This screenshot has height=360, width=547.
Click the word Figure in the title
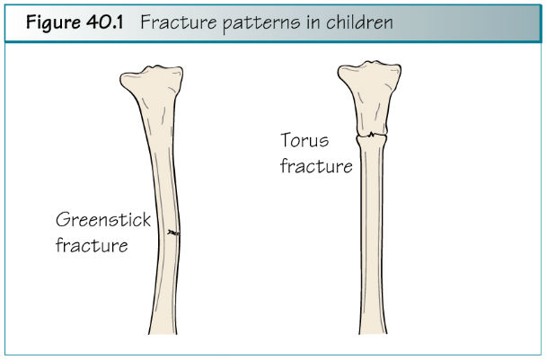(x=53, y=23)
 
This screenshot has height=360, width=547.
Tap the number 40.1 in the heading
(x=105, y=22)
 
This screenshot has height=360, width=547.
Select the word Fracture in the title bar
(x=178, y=22)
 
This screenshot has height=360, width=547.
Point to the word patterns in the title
(x=261, y=23)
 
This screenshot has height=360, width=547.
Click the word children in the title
(x=359, y=22)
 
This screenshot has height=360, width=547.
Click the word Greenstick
(x=103, y=220)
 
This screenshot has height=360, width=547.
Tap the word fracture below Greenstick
(x=92, y=245)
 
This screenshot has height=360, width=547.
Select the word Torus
(x=304, y=140)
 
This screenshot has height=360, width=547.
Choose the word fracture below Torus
(x=316, y=166)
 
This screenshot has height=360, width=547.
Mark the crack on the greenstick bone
(x=173, y=233)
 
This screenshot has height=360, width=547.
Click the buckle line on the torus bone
(x=372, y=135)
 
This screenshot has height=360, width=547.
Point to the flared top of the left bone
(x=153, y=82)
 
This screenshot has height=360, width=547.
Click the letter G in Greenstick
(x=63, y=220)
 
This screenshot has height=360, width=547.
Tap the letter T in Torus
(x=287, y=140)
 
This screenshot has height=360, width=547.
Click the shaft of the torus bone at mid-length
(x=372, y=233)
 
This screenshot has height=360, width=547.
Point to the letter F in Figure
(x=31, y=22)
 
